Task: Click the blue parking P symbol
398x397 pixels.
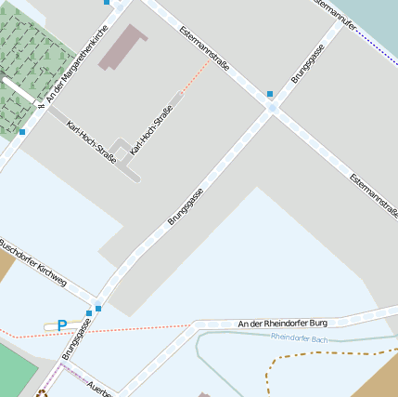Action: click(61, 325)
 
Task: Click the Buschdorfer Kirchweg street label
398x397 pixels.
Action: click(33, 262)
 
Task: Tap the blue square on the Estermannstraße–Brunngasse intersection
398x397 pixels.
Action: click(269, 94)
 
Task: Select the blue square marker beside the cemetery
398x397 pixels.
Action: click(22, 132)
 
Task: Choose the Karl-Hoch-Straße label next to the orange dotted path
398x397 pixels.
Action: click(152, 130)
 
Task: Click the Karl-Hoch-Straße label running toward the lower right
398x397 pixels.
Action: click(91, 142)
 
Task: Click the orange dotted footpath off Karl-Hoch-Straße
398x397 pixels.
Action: click(193, 78)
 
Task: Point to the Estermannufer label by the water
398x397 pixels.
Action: click(335, 14)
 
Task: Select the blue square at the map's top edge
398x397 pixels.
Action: click(107, 3)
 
